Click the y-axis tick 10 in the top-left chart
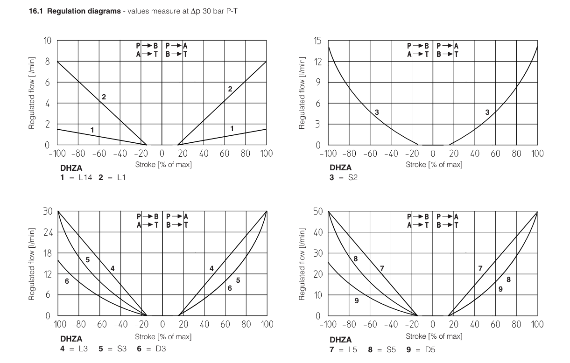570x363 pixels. click(47, 41)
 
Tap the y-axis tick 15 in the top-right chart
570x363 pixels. click(317, 41)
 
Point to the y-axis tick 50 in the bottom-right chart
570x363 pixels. click(317, 211)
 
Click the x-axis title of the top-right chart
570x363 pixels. click(434, 165)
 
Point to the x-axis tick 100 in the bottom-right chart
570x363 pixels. click(537, 324)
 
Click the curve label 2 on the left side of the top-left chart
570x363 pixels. click(104, 97)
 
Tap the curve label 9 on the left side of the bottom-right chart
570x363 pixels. click(356, 301)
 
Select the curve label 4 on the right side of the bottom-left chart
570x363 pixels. click(211, 268)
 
